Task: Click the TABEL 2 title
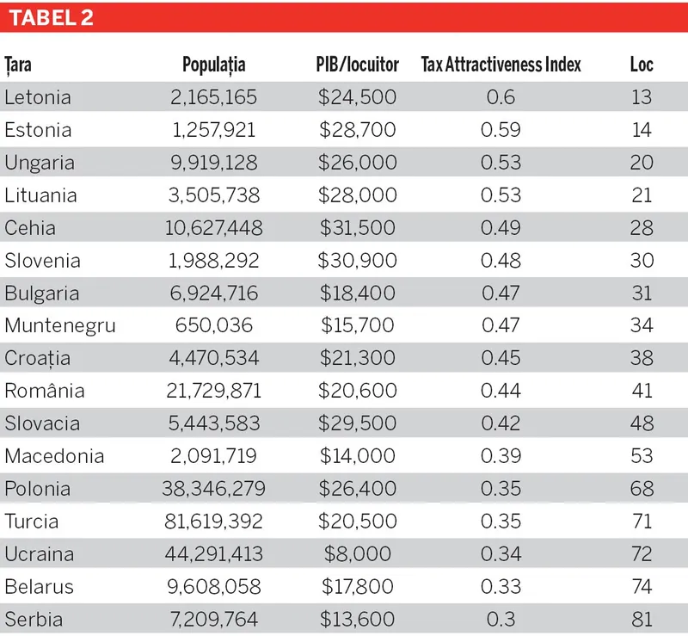click(x=52, y=18)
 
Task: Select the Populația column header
click(x=214, y=65)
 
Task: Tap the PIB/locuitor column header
click(x=358, y=65)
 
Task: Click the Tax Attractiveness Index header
click(x=501, y=65)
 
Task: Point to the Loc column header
click(x=642, y=65)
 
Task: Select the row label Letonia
click(x=38, y=97)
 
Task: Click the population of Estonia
click(x=214, y=130)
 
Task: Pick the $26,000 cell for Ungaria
click(x=358, y=163)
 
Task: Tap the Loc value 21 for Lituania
click(x=642, y=195)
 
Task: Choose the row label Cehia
click(x=30, y=228)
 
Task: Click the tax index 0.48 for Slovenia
click(x=501, y=261)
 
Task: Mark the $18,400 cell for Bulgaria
click(x=358, y=293)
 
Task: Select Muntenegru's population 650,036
click(x=214, y=325)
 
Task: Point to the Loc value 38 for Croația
click(x=642, y=358)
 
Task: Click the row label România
click(x=45, y=391)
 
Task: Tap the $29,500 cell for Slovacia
click(x=358, y=423)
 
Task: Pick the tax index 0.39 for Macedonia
click(x=501, y=456)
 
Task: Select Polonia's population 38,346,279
click(x=214, y=489)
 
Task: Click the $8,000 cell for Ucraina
click(x=358, y=554)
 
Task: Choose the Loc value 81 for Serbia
click(x=642, y=620)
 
